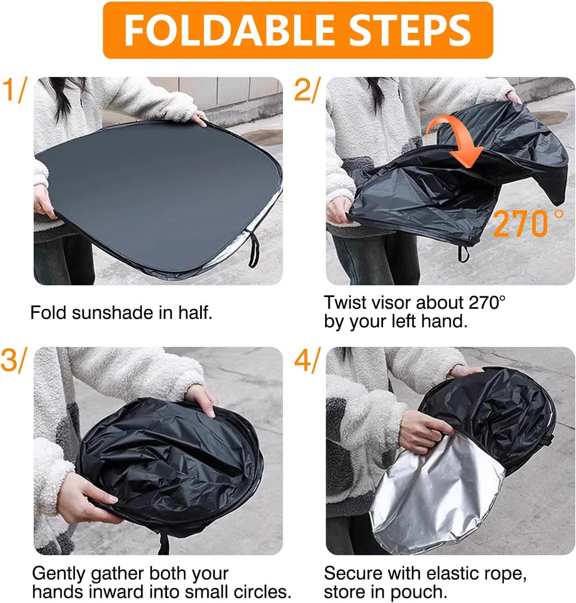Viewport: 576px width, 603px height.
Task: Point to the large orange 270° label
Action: pos(528,223)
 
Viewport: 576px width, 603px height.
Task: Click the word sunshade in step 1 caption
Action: pos(112,313)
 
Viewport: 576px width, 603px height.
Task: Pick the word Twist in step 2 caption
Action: pos(344,303)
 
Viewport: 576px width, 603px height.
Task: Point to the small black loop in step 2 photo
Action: pos(463,254)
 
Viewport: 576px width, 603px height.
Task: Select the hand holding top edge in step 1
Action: pos(199,118)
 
